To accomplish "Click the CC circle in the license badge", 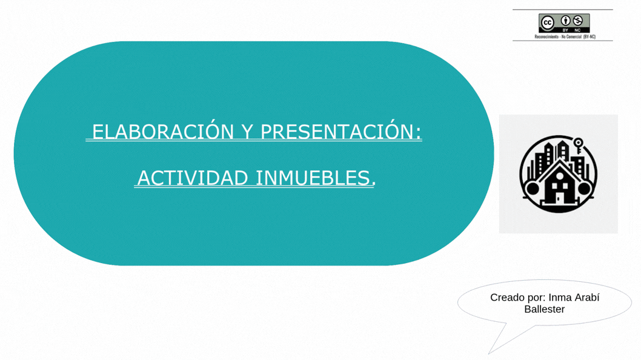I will tap(547, 23).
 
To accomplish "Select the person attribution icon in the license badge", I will tap(565, 21).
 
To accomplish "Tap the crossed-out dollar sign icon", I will tap(578, 21).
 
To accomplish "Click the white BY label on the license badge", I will tap(565, 30).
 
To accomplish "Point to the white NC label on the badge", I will tap(578, 30).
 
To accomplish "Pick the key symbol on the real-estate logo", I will tap(579, 145).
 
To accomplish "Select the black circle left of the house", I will tap(533, 188).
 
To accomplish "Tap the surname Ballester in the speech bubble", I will tap(544, 309).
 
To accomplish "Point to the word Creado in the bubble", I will tap(508, 298).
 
